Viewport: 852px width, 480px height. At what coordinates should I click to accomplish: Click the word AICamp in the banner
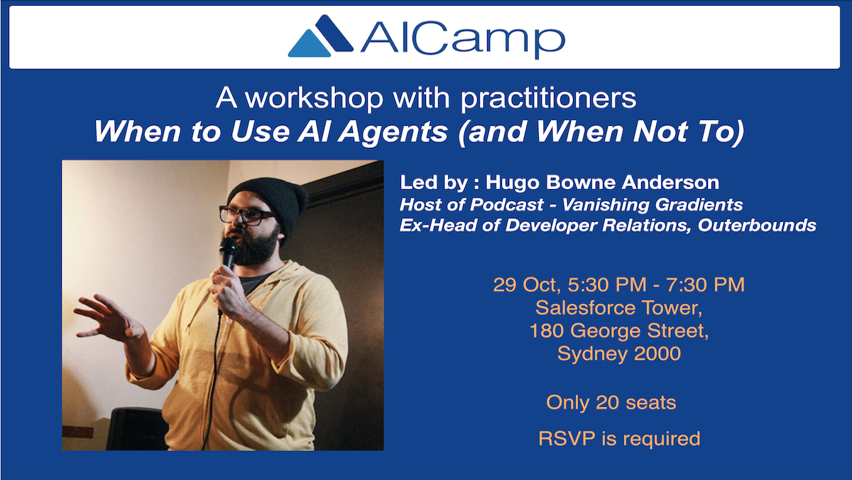point(462,39)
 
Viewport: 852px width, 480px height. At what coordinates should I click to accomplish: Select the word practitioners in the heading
point(548,99)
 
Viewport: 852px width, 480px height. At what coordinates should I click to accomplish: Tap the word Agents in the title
point(393,132)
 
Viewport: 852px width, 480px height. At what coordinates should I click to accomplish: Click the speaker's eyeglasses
point(246,215)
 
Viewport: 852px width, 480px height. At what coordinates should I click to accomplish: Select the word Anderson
point(670,183)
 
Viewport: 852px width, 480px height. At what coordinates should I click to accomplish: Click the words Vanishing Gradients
point(652,205)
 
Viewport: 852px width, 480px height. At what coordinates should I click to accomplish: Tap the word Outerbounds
point(757,225)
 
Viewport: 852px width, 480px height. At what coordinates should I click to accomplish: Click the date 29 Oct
point(525,285)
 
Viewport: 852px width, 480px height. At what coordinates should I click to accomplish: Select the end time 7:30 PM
point(705,284)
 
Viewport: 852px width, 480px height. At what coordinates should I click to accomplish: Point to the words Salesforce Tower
point(618,308)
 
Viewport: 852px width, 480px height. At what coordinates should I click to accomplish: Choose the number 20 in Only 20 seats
point(608,402)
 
